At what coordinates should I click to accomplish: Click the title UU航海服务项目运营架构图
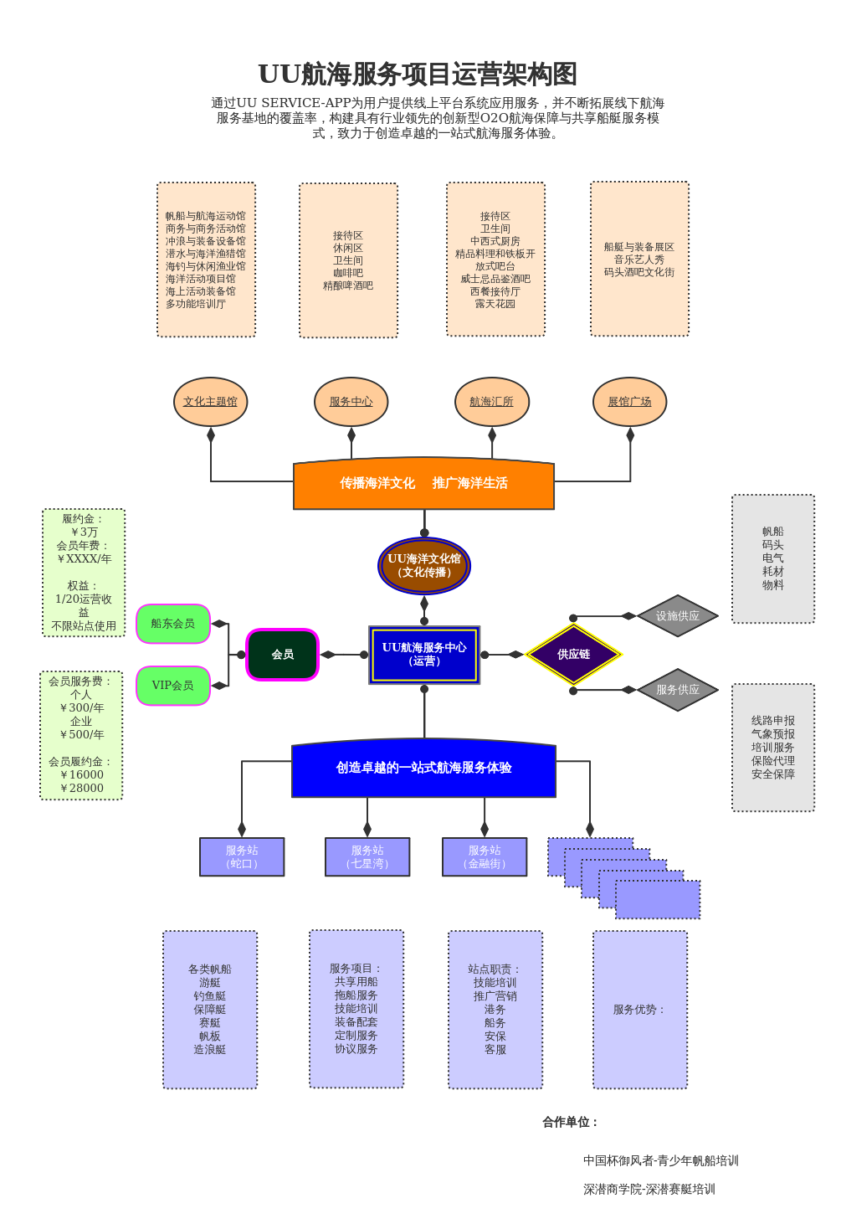[x=418, y=75]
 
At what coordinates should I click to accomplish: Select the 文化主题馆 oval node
[x=210, y=402]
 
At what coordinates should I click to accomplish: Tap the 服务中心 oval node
[x=351, y=402]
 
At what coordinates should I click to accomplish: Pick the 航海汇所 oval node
[x=492, y=402]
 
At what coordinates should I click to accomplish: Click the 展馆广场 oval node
[x=629, y=402]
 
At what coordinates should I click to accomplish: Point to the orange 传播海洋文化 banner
[x=423, y=484]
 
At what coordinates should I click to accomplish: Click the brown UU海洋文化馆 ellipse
[x=424, y=566]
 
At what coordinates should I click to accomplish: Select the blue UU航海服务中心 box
[x=424, y=655]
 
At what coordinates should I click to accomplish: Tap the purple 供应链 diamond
[x=573, y=655]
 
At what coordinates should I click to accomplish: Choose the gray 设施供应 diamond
[x=678, y=616]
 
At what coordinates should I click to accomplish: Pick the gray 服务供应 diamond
[x=678, y=690]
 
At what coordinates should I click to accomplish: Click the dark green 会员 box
[x=283, y=655]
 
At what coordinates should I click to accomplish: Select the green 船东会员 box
[x=173, y=624]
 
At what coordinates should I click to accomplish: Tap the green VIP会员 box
[x=173, y=686]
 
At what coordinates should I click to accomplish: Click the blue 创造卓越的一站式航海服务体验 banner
[x=423, y=769]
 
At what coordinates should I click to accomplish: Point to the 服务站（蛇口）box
[x=242, y=857]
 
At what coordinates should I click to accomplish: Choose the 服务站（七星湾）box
[x=367, y=857]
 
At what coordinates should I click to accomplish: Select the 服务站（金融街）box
[x=485, y=857]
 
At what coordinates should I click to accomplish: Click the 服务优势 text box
[x=640, y=1010]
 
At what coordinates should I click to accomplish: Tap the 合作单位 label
[x=571, y=1122]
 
